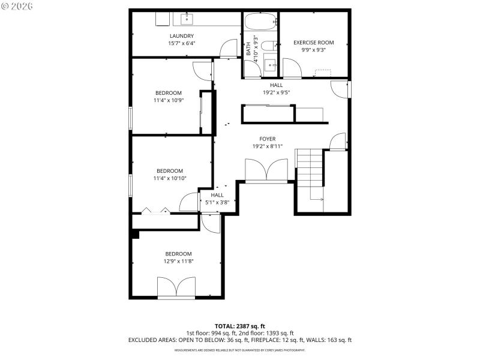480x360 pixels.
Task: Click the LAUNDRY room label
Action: (x=181, y=35)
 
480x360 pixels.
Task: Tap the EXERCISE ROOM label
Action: (x=313, y=43)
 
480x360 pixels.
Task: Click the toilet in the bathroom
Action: (x=269, y=45)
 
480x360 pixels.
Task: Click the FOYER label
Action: (x=268, y=139)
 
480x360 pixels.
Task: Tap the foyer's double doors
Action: (x=267, y=170)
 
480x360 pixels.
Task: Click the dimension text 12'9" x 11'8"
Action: (x=178, y=261)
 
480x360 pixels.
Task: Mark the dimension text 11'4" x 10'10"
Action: (x=170, y=178)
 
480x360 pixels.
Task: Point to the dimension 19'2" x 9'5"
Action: (x=276, y=92)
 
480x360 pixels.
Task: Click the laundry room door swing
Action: (x=229, y=49)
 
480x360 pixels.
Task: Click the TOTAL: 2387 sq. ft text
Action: (x=240, y=326)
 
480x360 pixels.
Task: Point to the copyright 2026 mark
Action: (x=17, y=6)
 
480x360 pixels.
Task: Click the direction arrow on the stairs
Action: (x=317, y=199)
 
